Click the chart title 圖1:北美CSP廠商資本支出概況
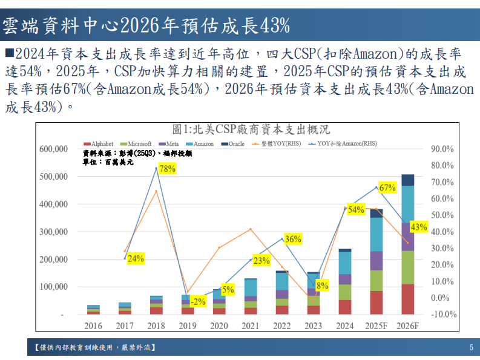point(250,129)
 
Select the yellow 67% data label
point(387,188)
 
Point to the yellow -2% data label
point(198,301)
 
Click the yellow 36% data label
point(293,239)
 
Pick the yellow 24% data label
point(136,258)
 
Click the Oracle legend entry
point(234,144)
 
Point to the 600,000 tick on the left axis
point(53,149)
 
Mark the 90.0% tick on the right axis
point(442,149)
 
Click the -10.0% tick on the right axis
point(444,314)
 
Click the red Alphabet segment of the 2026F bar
point(408,299)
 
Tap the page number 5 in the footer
point(471,347)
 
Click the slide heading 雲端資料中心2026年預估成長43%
point(145,25)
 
